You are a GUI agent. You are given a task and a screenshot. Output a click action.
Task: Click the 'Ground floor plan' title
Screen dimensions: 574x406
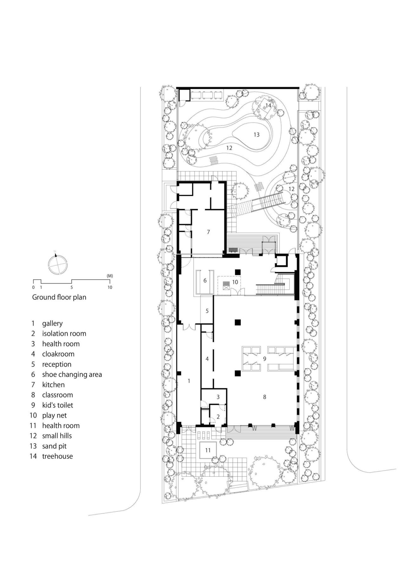click(59, 297)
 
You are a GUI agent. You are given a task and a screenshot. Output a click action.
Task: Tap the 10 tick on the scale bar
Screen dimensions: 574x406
click(109, 287)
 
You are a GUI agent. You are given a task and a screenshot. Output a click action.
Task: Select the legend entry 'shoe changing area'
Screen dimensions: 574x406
click(72, 374)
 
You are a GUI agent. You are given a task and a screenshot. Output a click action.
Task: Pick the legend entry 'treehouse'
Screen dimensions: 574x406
click(57, 456)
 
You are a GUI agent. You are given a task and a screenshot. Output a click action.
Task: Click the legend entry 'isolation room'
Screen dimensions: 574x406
click(64, 333)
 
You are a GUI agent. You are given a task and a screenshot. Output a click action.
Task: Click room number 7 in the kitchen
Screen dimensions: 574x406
click(208, 232)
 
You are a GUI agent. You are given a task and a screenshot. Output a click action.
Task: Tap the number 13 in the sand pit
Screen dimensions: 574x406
click(256, 135)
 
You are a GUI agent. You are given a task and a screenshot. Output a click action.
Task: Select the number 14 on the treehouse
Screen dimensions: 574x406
click(268, 105)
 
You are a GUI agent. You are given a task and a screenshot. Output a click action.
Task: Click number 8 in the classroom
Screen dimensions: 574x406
click(265, 397)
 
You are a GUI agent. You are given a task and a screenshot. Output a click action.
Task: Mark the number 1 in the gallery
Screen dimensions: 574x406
click(189, 381)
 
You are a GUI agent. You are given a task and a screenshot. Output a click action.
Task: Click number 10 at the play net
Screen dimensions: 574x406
click(235, 281)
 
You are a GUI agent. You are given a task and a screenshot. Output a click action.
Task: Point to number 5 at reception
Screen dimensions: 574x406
click(207, 311)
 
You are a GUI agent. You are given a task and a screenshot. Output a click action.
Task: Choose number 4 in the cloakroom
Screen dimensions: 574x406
click(207, 359)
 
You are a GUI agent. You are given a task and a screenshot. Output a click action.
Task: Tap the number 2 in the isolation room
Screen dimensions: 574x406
click(218, 417)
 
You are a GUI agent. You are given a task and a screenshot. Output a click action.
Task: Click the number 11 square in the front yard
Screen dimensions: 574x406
click(208, 450)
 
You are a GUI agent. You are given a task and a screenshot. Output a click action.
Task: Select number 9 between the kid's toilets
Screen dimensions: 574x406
click(264, 358)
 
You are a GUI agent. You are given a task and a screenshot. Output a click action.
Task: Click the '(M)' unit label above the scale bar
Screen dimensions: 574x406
click(110, 276)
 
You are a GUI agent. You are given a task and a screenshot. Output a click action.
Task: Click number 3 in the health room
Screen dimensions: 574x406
click(218, 397)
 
